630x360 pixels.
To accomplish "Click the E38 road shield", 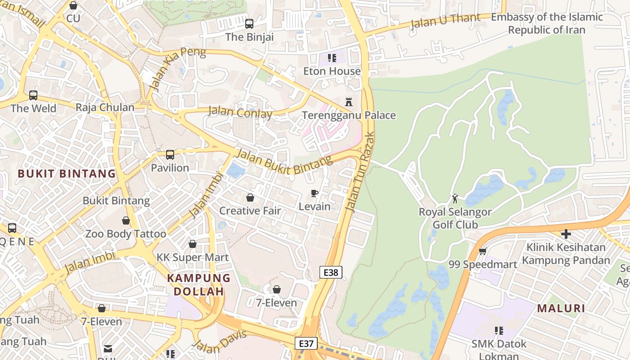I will (331, 272).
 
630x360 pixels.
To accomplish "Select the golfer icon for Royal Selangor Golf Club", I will (455, 198).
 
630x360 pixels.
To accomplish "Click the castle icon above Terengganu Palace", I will (348, 101).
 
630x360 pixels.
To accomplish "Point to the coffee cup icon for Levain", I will (315, 193).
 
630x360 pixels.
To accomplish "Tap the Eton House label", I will (332, 71).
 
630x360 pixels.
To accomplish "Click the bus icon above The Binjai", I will (249, 23).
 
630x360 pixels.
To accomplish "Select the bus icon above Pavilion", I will (170, 155).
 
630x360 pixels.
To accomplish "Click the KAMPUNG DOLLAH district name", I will (199, 284).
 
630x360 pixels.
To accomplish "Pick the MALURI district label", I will (561, 308).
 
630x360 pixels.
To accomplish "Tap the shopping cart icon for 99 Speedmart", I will (482, 251).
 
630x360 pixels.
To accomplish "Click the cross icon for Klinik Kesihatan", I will (566, 234).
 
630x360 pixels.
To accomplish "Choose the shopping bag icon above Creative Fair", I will (250, 198).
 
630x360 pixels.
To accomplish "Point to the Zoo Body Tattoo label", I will (126, 234).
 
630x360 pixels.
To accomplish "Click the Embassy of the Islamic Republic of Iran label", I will (547, 23).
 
